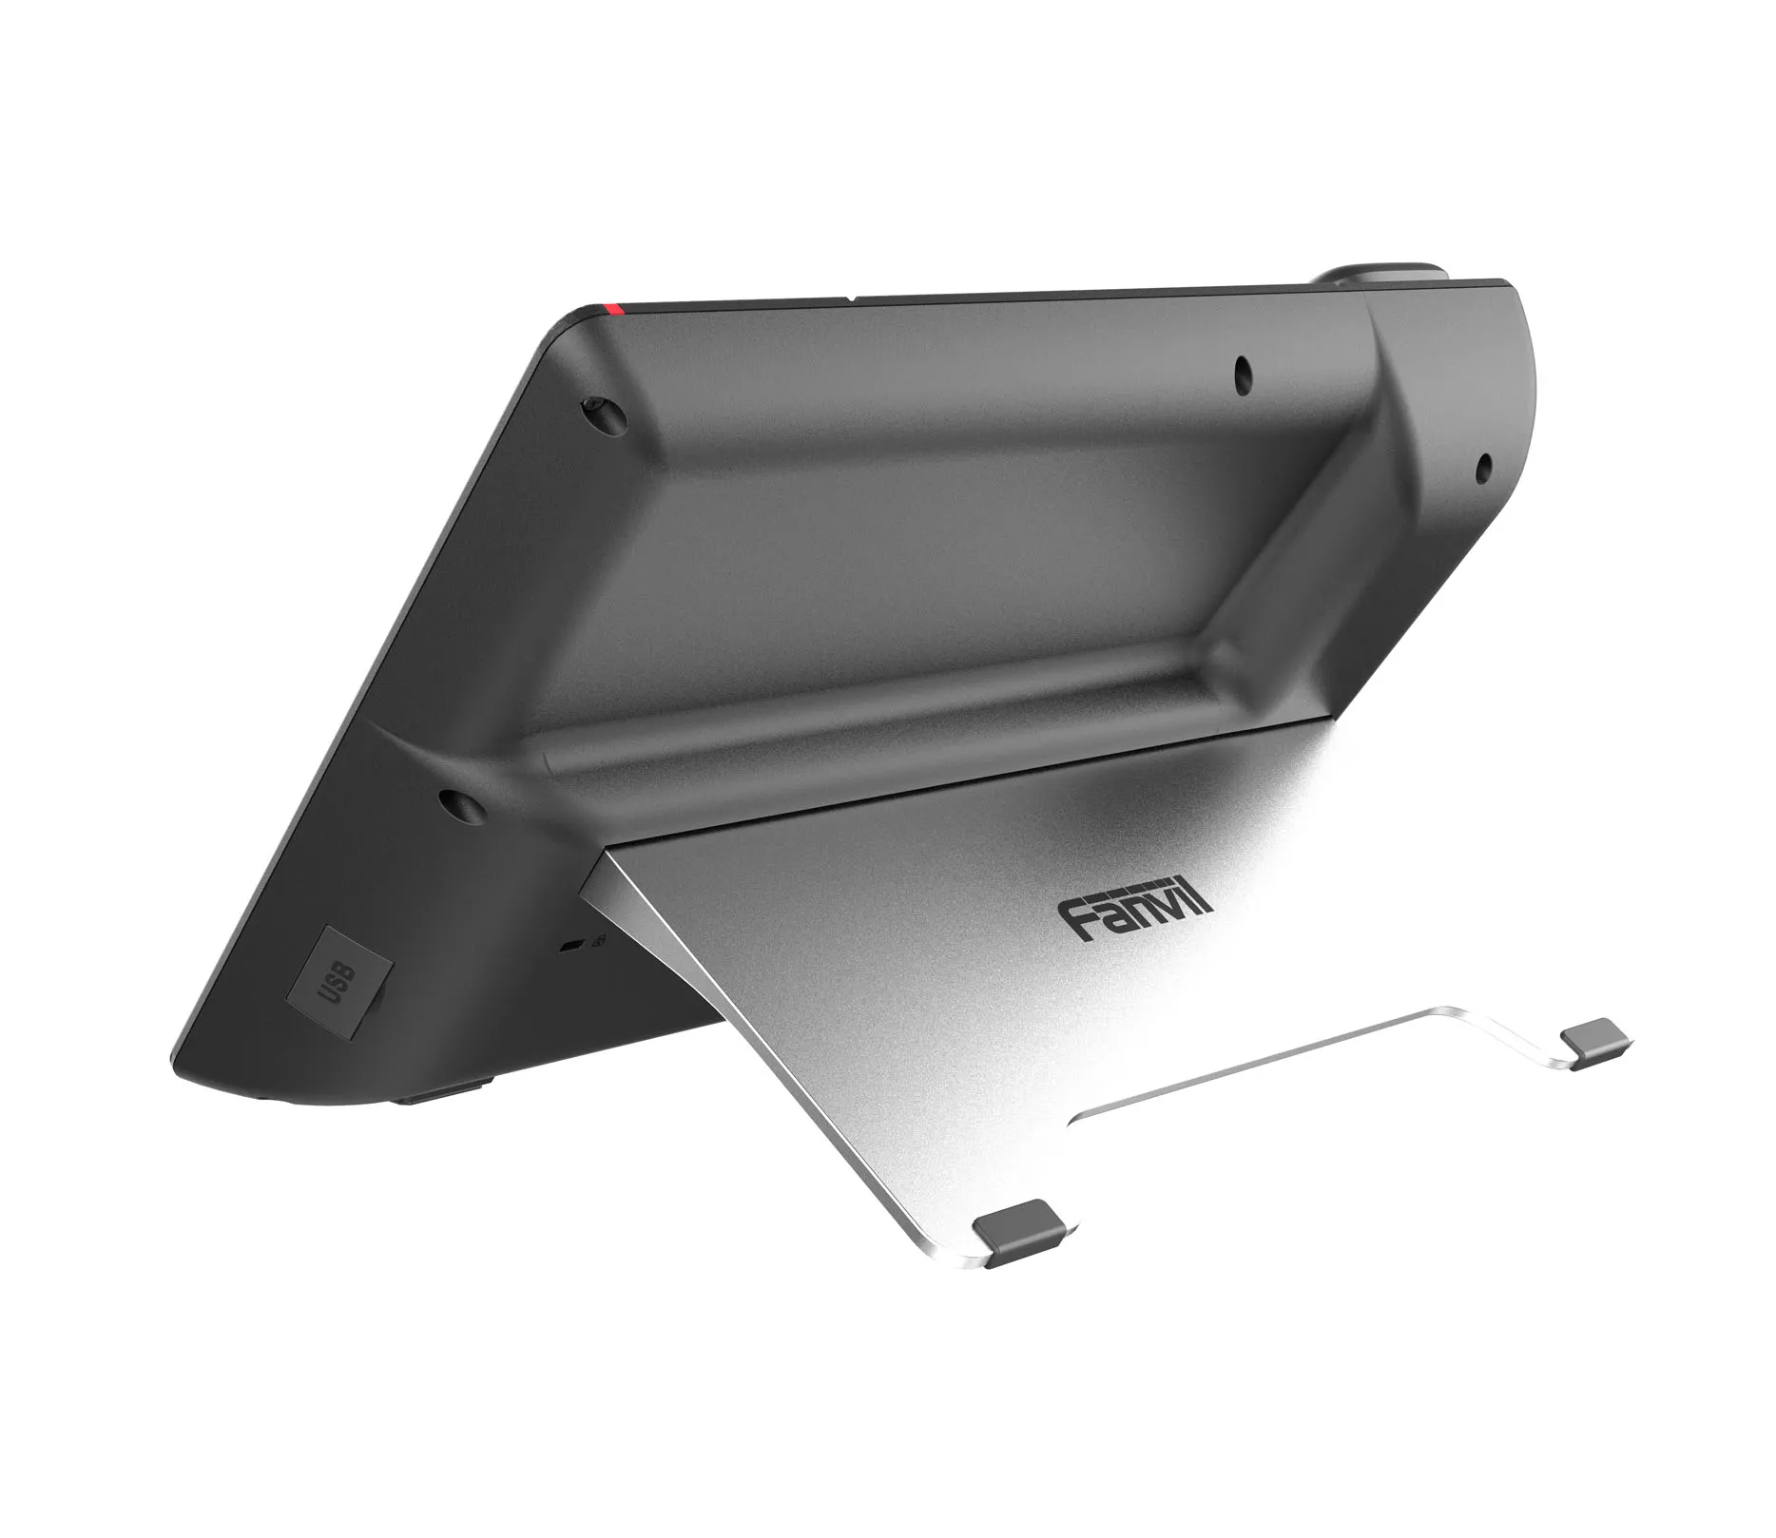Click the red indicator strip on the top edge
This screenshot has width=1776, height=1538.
coord(612,308)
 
